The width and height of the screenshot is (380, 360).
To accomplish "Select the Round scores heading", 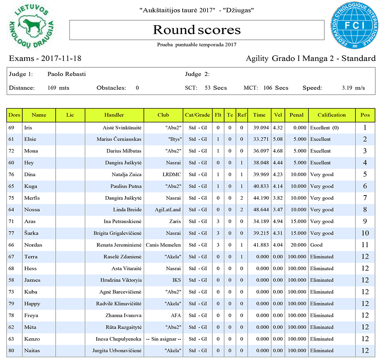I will click(x=197, y=30).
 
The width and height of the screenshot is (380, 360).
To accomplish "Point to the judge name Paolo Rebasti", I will click(x=66, y=74).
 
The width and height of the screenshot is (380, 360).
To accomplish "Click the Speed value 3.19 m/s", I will click(x=353, y=88).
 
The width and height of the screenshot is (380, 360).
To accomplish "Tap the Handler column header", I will click(x=114, y=115).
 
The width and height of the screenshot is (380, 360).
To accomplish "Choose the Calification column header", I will click(x=331, y=115).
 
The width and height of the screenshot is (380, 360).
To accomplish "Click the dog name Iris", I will click(x=28, y=128).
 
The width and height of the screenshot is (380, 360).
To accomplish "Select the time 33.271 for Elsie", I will click(x=259, y=139).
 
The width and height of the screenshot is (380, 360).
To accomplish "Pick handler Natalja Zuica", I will click(x=126, y=174).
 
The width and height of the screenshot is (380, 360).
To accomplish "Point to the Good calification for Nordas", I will click(x=316, y=245).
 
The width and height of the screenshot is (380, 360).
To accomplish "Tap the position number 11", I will click(x=365, y=245).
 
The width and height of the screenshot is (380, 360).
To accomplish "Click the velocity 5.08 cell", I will click(x=278, y=139).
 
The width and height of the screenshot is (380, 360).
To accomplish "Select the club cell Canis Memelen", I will click(x=163, y=245).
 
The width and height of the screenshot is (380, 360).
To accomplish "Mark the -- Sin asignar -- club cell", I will click(x=163, y=339).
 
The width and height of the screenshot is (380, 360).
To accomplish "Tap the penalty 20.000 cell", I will click(x=296, y=245).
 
